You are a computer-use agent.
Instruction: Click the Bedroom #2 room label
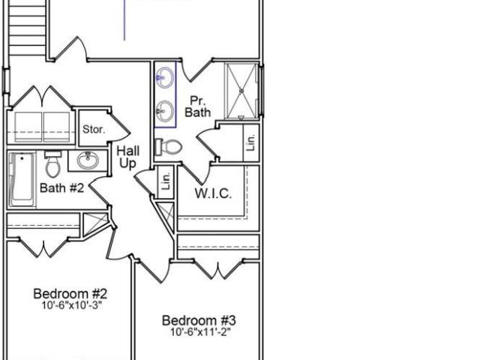[70, 294]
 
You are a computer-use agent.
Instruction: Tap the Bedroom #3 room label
[199, 320]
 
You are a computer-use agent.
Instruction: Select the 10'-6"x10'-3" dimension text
[71, 305]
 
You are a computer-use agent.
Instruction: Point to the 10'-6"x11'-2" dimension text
[200, 331]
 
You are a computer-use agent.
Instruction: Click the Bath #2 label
[61, 187]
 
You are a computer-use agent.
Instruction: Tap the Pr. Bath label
[198, 106]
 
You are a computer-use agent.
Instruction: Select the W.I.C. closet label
[213, 193]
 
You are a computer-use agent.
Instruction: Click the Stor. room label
[94, 129]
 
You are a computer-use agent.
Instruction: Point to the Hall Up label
[128, 157]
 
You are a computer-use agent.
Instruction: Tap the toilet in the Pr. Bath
[168, 147]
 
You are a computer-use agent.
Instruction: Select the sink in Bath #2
[88, 160]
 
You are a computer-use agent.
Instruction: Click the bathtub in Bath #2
[22, 180]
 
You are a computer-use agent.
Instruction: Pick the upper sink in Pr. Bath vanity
[165, 78]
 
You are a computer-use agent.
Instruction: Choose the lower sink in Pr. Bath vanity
[165, 111]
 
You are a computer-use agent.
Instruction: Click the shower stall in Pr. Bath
[241, 91]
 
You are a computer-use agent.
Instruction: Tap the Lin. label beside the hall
[166, 181]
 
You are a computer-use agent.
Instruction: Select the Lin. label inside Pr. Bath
[250, 142]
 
